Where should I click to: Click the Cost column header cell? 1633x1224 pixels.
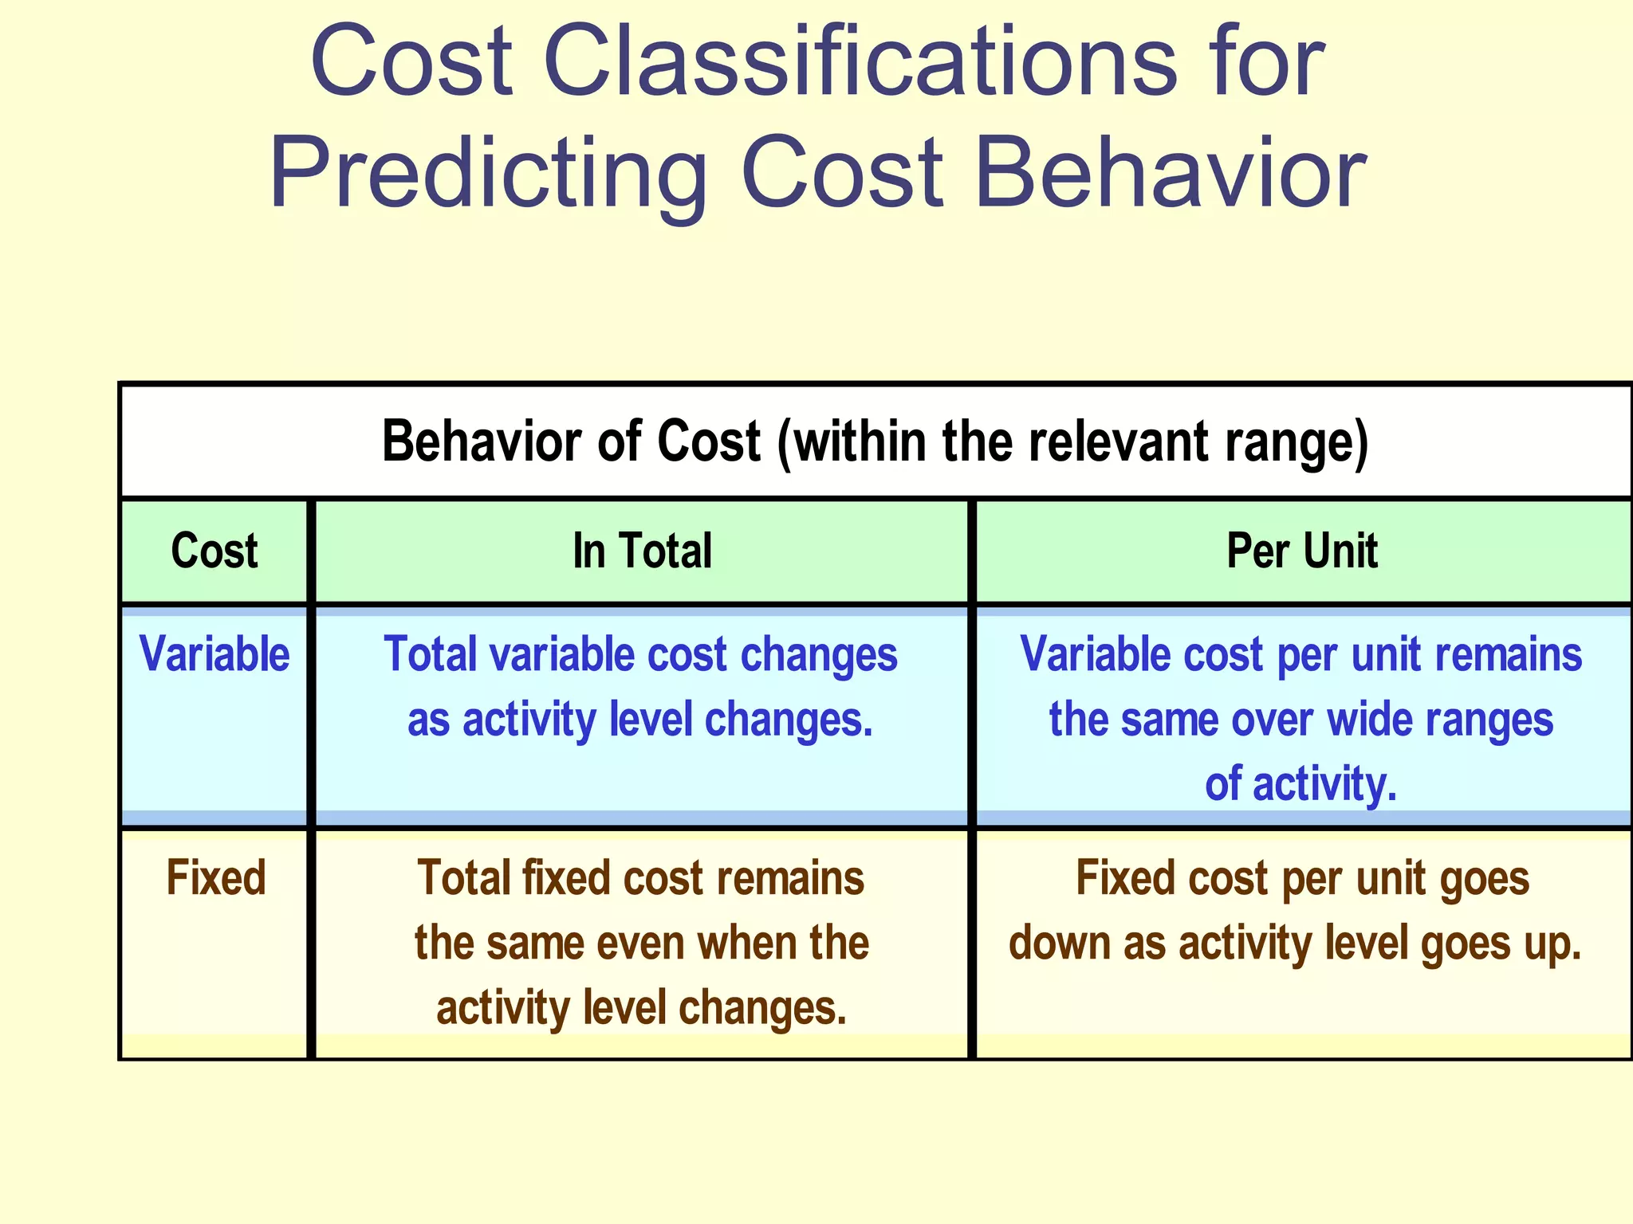(214, 551)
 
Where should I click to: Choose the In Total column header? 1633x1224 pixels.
(642, 551)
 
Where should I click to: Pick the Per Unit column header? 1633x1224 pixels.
(1301, 551)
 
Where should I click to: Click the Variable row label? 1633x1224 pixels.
(214, 655)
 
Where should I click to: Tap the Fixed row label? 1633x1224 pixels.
(215, 879)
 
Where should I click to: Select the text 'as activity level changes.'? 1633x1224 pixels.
(640, 720)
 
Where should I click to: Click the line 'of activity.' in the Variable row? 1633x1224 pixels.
(1300, 784)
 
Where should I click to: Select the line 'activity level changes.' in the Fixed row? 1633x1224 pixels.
(641, 1008)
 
